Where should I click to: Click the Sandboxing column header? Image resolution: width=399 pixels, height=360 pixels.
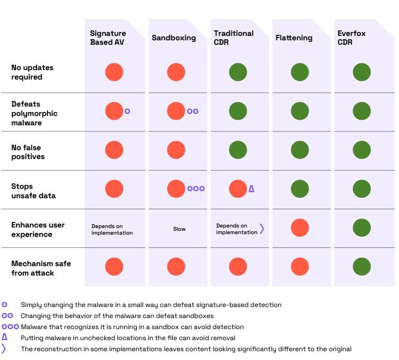pyautogui.click(x=174, y=38)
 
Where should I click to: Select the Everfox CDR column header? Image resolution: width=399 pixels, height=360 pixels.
pyautogui.click(x=352, y=38)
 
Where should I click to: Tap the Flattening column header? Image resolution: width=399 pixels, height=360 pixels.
pyautogui.click(x=294, y=38)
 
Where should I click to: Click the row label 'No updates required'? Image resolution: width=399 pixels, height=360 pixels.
pyautogui.click(x=32, y=72)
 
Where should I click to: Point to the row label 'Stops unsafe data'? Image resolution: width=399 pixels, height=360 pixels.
pyautogui.click(x=33, y=191)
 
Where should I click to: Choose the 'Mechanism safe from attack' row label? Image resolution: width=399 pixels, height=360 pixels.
pyautogui.click(x=41, y=268)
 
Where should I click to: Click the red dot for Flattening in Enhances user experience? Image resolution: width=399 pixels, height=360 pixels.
pyautogui.click(x=300, y=227)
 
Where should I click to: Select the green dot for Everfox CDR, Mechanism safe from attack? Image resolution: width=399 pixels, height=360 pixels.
pyautogui.click(x=361, y=266)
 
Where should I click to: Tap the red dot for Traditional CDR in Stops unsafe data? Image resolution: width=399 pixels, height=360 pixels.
pyautogui.click(x=238, y=189)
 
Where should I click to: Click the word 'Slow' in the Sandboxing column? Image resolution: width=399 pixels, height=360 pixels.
pyautogui.click(x=179, y=229)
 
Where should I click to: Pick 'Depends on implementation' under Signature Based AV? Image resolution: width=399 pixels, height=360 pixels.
pyautogui.click(x=112, y=229)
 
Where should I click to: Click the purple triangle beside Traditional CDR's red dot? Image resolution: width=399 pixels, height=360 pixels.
pyautogui.click(x=252, y=189)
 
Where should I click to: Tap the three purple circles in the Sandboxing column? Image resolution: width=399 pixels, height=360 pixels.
pyautogui.click(x=196, y=189)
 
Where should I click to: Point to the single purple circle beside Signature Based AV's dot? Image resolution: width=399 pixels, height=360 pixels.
pyautogui.click(x=127, y=111)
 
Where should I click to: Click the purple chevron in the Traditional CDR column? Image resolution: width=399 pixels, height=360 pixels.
pyautogui.click(x=262, y=229)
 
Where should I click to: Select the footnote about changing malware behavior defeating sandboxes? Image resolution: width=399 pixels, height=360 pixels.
pyautogui.click(x=117, y=316)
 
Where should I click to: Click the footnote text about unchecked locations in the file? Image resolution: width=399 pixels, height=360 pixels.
pyautogui.click(x=128, y=338)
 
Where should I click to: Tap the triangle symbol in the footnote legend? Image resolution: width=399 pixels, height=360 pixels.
pyautogui.click(x=4, y=337)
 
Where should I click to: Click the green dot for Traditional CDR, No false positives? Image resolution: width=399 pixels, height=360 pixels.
pyautogui.click(x=238, y=150)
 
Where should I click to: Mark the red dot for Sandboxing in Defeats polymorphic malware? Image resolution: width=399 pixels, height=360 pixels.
pyautogui.click(x=176, y=111)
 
